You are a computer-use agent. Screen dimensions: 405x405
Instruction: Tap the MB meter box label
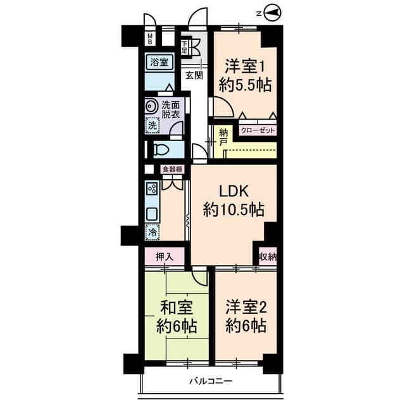[150, 39]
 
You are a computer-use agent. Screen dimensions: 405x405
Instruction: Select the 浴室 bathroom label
[159, 62]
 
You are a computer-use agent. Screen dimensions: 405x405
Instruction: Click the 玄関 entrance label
[194, 75]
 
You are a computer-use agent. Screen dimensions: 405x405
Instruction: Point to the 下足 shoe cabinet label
[185, 47]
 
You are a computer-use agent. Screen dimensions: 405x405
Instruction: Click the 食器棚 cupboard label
[172, 170]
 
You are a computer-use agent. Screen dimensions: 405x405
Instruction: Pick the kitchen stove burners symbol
[151, 188]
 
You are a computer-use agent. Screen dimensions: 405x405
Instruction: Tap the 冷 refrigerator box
[152, 232]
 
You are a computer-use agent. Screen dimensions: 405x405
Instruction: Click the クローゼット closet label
[257, 132]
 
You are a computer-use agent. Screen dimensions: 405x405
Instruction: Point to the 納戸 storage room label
[223, 138]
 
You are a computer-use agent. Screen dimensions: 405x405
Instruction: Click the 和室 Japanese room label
[176, 308]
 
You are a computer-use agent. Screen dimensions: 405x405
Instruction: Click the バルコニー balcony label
[210, 382]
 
